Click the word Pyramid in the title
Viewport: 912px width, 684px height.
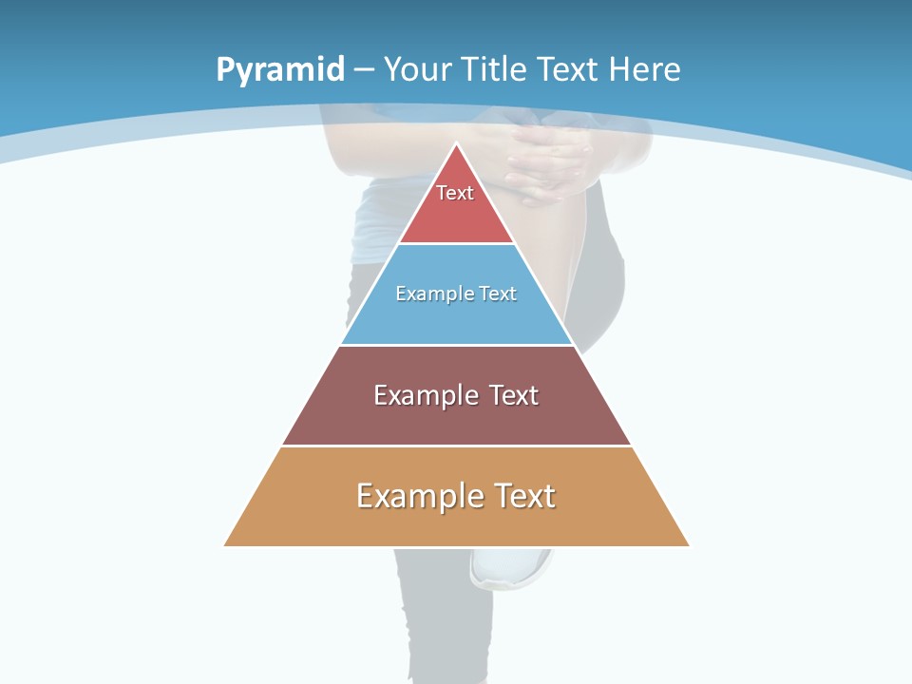(x=279, y=70)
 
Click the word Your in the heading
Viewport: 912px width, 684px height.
(x=418, y=69)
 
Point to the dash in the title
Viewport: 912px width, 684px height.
(x=363, y=70)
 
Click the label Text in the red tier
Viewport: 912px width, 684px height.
(x=455, y=193)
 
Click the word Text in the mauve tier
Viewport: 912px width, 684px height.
(x=513, y=395)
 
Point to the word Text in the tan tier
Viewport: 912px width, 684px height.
(x=523, y=496)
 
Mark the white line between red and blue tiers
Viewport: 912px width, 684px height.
(x=456, y=244)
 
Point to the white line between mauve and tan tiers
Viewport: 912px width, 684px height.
(x=456, y=446)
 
